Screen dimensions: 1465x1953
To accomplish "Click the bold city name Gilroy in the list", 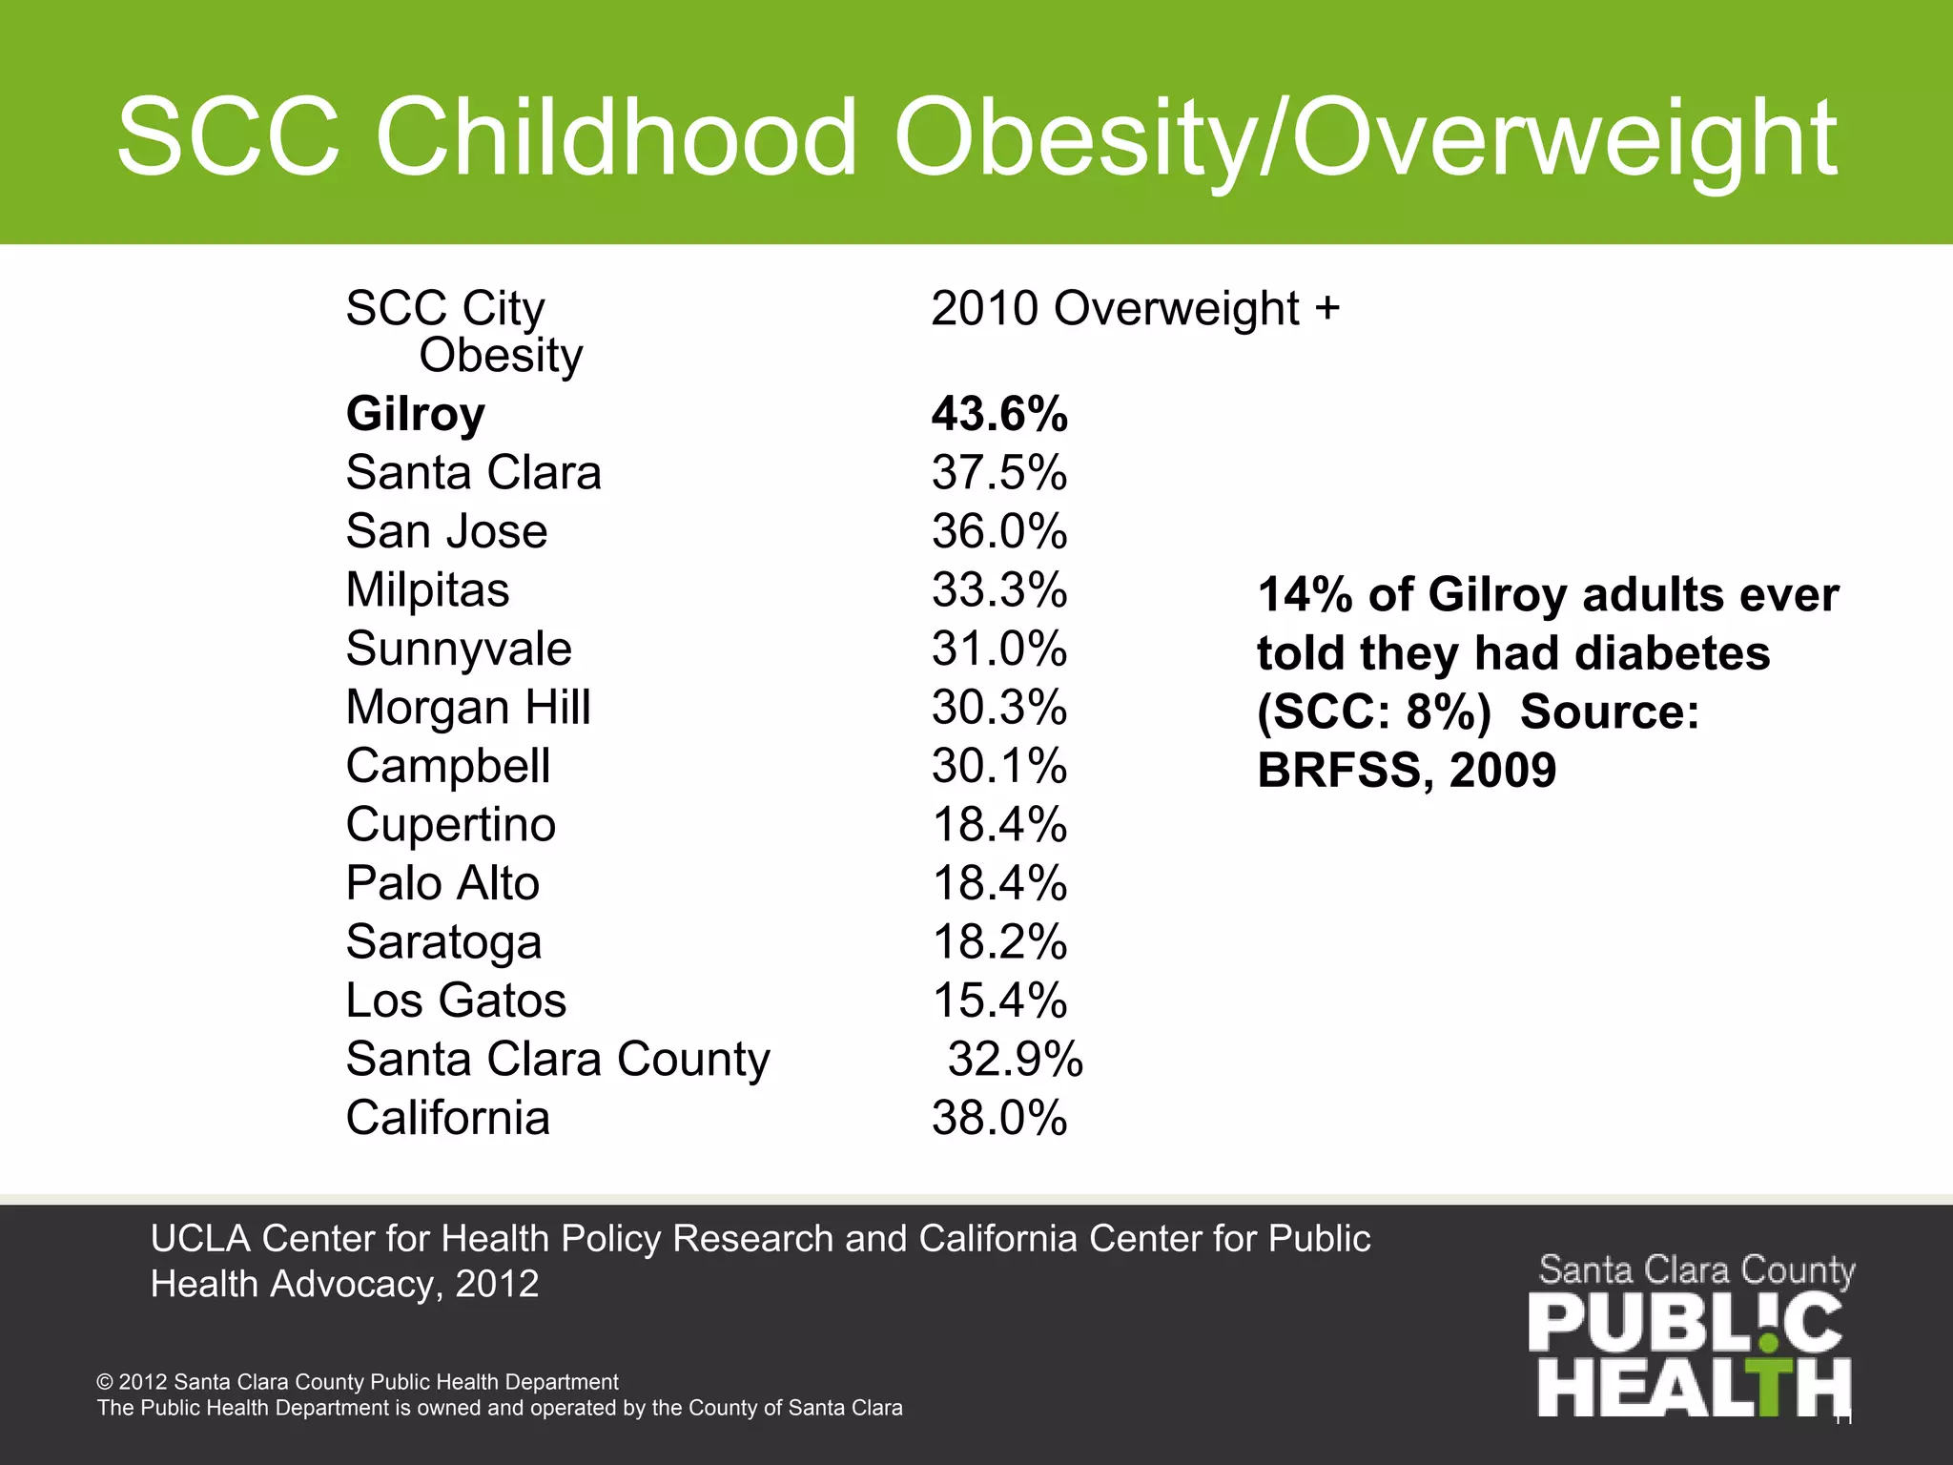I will [x=416, y=415].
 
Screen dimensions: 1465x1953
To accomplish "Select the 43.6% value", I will [x=999, y=415].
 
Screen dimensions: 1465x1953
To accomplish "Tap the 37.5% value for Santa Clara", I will [x=999, y=473].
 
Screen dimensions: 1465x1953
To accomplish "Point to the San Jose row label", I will [x=446, y=532].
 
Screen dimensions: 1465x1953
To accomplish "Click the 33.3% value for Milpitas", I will [x=999, y=590].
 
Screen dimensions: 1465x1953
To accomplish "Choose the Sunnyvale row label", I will [x=459, y=650].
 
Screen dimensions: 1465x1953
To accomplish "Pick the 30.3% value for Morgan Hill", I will [x=999, y=708].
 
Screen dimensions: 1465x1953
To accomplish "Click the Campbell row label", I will [x=448, y=767].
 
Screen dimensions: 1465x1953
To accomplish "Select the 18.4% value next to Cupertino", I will [x=999, y=825].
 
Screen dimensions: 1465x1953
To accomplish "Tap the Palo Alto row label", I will [x=442, y=884].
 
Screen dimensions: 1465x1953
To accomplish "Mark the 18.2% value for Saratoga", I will [x=999, y=942].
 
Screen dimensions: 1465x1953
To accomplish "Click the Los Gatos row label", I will [x=456, y=1001].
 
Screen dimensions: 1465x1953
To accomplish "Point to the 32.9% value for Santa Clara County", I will [x=1016, y=1060].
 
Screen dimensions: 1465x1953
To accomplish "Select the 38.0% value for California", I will [x=999, y=1119].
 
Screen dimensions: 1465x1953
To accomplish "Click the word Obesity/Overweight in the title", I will [x=1364, y=138].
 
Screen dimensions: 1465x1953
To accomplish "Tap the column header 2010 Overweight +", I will [x=1135, y=309].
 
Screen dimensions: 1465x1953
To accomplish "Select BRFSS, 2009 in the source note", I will [x=1407, y=771].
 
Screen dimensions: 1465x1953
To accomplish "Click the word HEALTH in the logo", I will [x=1694, y=1388].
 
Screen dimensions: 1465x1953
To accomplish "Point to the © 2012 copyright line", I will [x=358, y=1382].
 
